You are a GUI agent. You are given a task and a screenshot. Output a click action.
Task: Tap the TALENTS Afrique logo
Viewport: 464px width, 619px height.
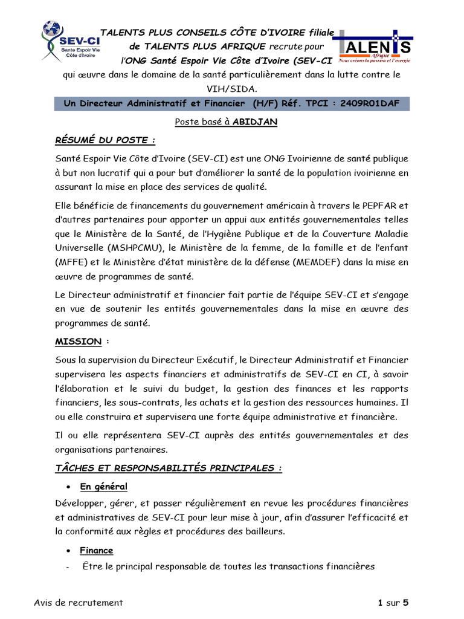pyautogui.click(x=373, y=47)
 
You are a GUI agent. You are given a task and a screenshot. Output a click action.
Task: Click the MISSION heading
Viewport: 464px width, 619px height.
pyautogui.click(x=79, y=342)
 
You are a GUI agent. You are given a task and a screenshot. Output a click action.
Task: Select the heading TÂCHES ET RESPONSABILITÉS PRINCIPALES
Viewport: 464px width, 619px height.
pyautogui.click(x=168, y=468)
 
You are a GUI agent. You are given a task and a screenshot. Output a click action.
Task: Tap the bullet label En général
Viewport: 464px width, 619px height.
pyautogui.click(x=103, y=487)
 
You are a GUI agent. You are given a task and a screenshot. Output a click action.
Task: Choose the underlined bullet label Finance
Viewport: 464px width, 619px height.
pyautogui.click(x=96, y=550)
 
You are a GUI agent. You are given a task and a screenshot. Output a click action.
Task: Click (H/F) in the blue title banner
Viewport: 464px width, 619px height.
pyautogui.click(x=265, y=103)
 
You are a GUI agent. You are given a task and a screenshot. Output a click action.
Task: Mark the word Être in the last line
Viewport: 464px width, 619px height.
pyautogui.click(x=91, y=566)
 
